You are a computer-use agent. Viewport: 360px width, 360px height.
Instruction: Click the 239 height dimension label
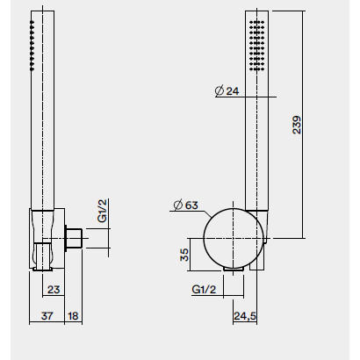pyautogui.click(x=297, y=125)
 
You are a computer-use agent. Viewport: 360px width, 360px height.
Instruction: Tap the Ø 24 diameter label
pyautogui.click(x=227, y=90)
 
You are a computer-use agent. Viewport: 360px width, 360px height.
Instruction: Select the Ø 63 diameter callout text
pyautogui.click(x=186, y=205)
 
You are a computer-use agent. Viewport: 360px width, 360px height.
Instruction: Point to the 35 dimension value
pyautogui.click(x=184, y=255)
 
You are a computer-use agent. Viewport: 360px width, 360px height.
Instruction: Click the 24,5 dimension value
pyautogui.click(x=245, y=316)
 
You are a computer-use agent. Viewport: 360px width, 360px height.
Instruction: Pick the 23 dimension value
pyautogui.click(x=54, y=290)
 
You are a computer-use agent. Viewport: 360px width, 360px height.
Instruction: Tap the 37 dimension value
pyautogui.click(x=47, y=316)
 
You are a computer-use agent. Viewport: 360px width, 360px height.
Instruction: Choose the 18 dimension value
pyautogui.click(x=73, y=316)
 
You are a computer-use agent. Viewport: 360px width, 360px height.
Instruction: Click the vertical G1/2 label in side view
pyautogui.click(x=102, y=211)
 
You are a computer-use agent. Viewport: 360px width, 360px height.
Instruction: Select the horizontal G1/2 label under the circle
pyautogui.click(x=204, y=290)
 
